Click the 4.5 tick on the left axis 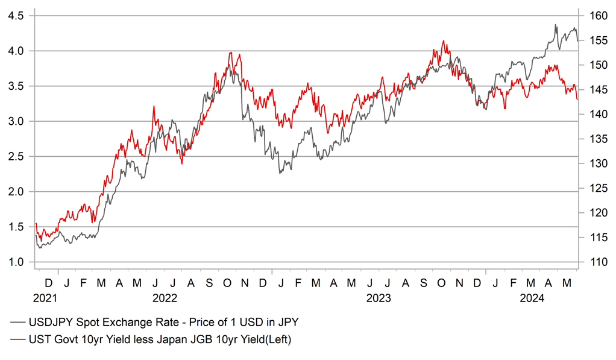point(16,16)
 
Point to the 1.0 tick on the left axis point(16,262)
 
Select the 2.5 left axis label point(16,157)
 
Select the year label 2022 point(165,298)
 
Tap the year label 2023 point(379,298)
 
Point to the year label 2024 point(532,298)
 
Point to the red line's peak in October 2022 point(230,52)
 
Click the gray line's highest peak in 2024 point(555,25)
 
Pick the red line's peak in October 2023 point(444,41)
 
